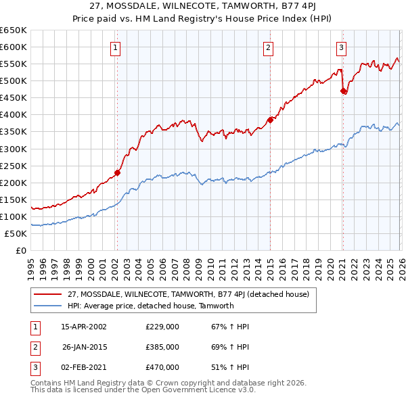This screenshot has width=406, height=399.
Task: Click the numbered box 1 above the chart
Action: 116,47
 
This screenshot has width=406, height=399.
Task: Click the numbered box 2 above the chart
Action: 269,47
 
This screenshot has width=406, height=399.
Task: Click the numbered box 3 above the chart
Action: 342,47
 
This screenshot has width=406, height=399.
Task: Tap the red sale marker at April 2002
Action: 117,172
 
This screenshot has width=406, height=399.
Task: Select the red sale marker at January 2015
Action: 270,120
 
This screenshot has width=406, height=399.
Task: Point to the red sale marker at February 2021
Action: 343,91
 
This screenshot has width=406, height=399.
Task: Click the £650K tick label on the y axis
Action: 14,30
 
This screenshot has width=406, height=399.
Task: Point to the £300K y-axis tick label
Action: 14,149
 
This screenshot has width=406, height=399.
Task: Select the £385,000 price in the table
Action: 162,347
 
